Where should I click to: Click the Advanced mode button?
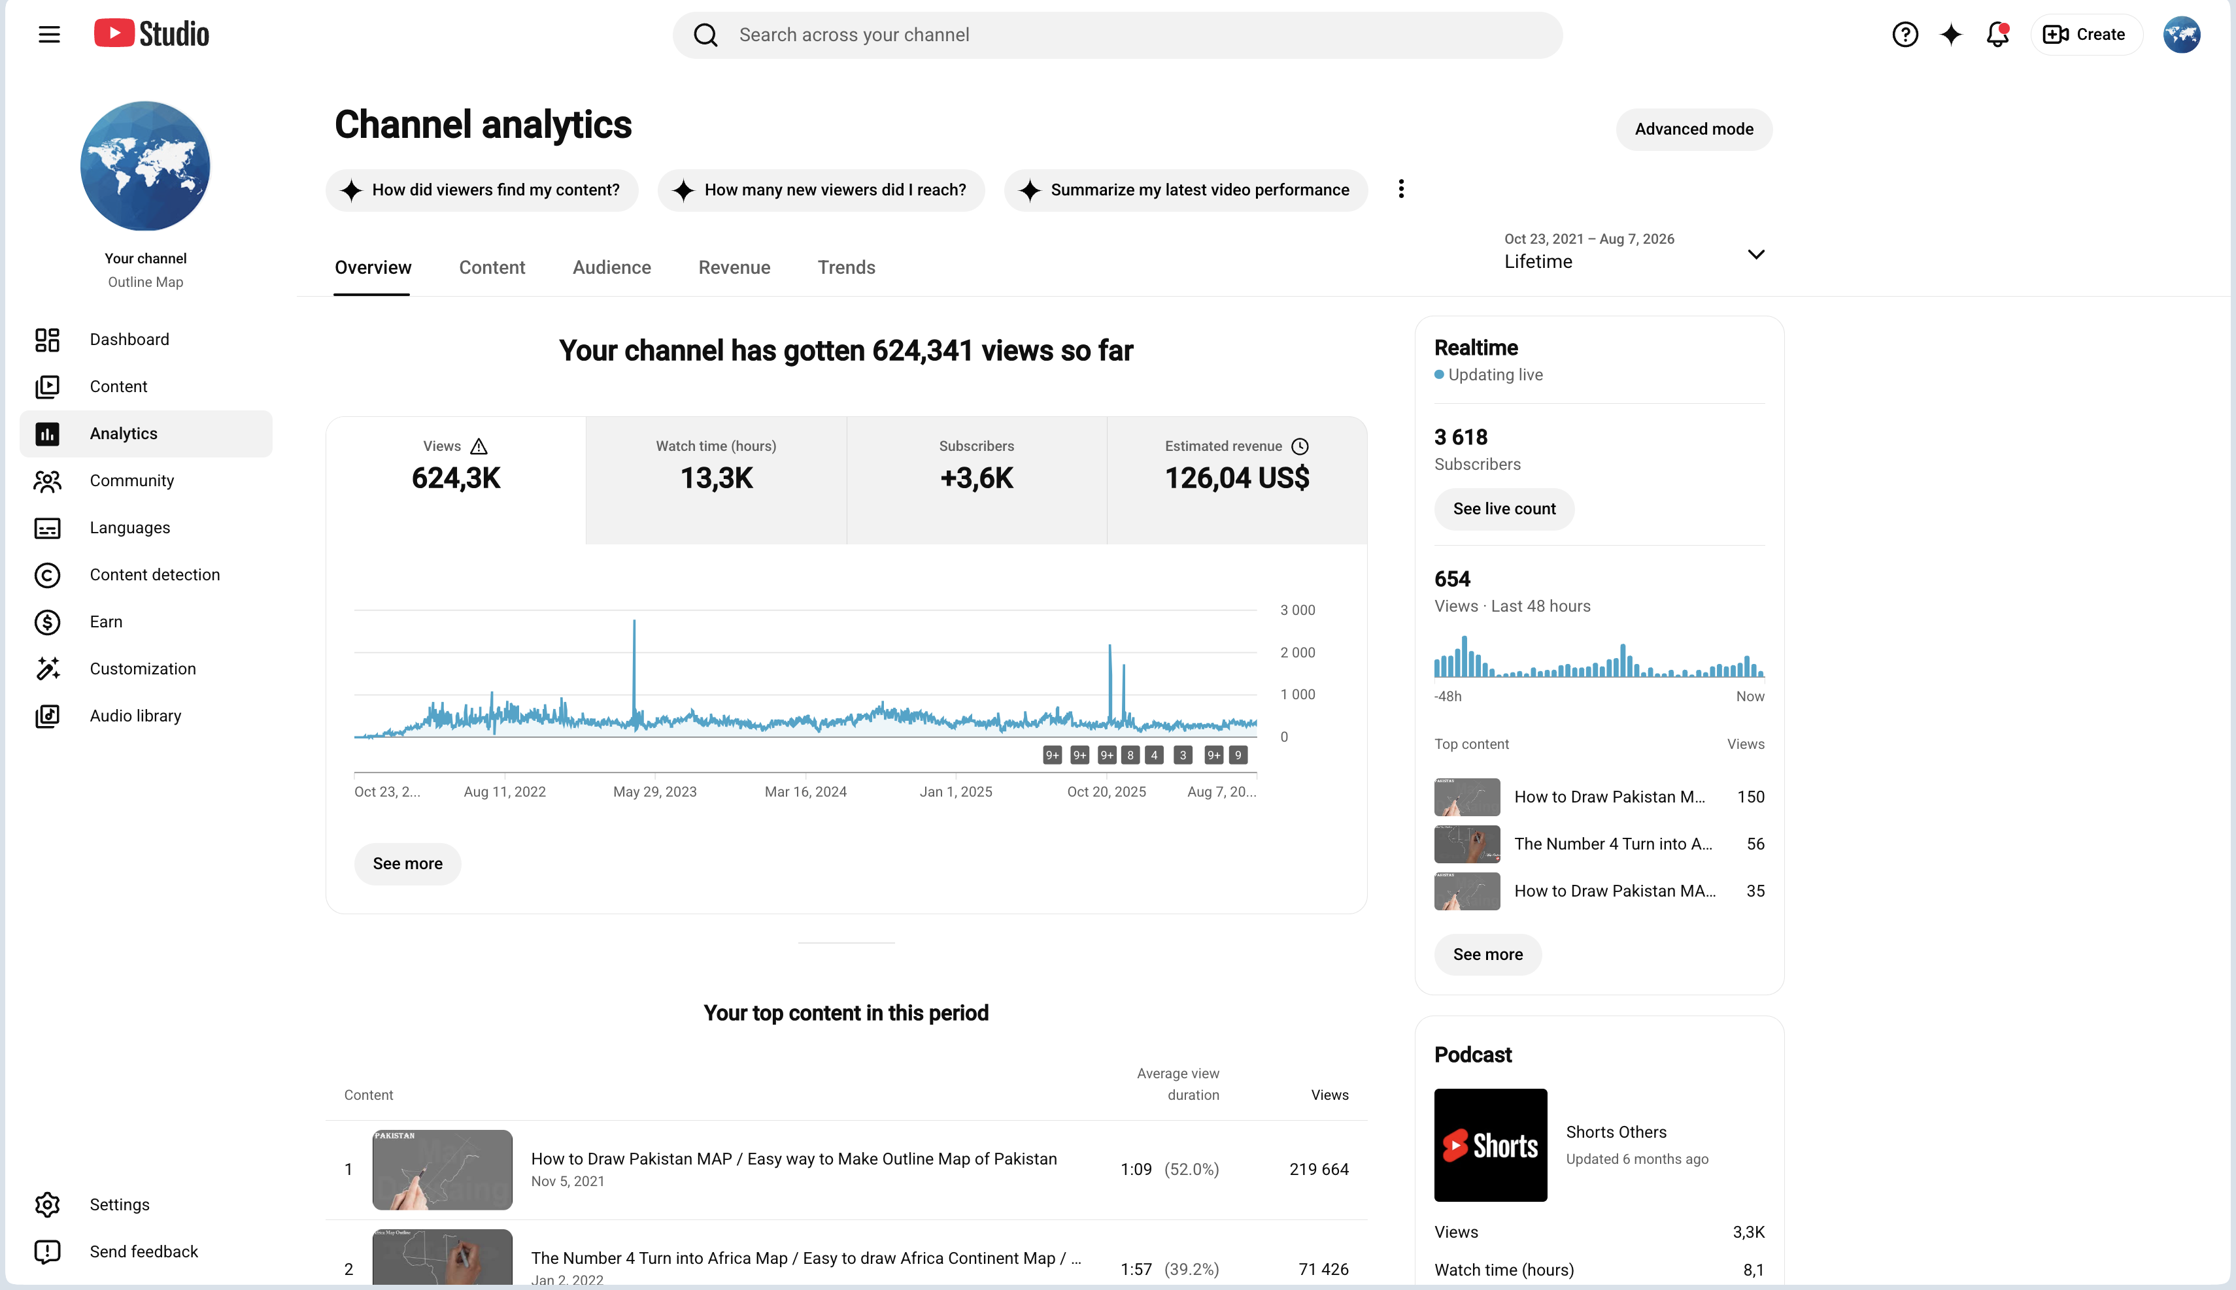[1693, 129]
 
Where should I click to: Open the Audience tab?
[611, 267]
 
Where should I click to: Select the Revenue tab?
[734, 267]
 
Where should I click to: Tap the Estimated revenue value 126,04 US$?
[1236, 478]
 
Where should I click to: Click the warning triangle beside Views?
[479, 446]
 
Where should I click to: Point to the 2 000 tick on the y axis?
[1297, 652]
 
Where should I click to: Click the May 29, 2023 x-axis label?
[655, 792]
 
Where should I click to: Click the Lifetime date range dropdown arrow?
[1755, 254]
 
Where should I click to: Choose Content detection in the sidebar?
[154, 575]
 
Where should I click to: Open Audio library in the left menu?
[135, 716]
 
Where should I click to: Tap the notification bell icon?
[1997, 35]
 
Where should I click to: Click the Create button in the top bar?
[2086, 35]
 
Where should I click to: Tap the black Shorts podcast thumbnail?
[1491, 1145]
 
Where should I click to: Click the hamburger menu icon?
[50, 35]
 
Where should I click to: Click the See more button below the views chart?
[408, 864]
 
